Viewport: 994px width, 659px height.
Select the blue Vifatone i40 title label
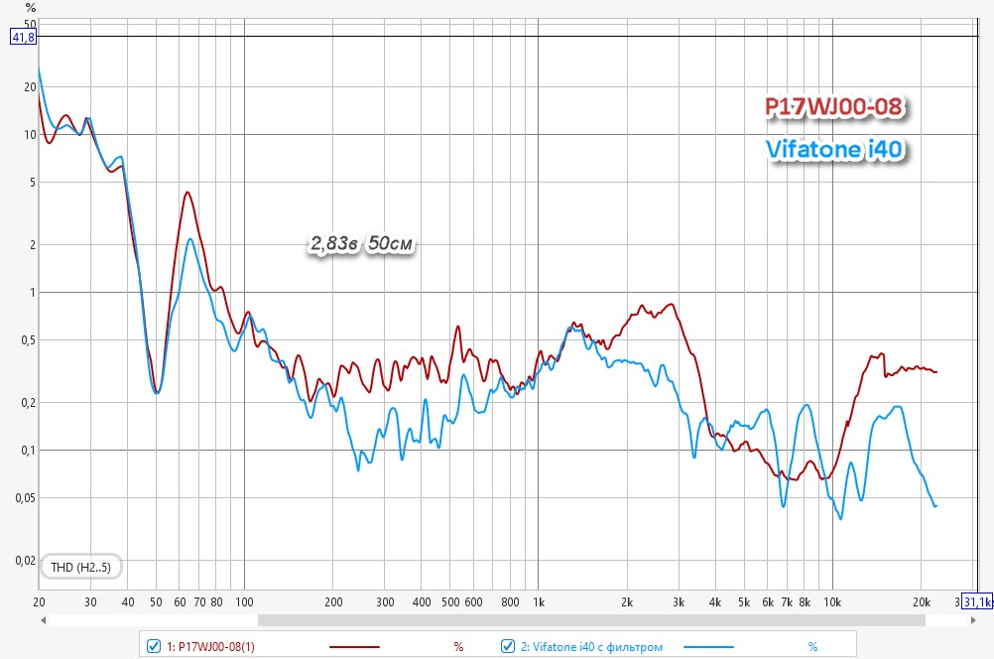(838, 150)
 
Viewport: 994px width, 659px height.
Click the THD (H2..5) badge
(81, 567)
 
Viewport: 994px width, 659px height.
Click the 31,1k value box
(976, 601)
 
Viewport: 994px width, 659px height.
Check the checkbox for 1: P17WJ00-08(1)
(154, 646)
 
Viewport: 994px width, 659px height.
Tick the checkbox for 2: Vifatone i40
(508, 646)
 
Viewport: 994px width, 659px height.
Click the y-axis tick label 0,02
(23, 560)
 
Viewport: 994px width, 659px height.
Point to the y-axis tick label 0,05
(23, 497)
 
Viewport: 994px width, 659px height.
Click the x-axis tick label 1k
(539, 601)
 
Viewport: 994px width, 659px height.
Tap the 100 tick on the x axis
(244, 601)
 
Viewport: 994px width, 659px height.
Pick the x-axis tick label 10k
(832, 601)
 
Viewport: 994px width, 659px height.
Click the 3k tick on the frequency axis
(679, 601)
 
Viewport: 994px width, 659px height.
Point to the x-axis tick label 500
(450, 601)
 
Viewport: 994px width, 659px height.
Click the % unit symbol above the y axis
(31, 8)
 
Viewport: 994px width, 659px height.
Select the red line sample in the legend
(346, 646)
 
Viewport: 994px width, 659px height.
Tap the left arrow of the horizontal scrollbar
(44, 620)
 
